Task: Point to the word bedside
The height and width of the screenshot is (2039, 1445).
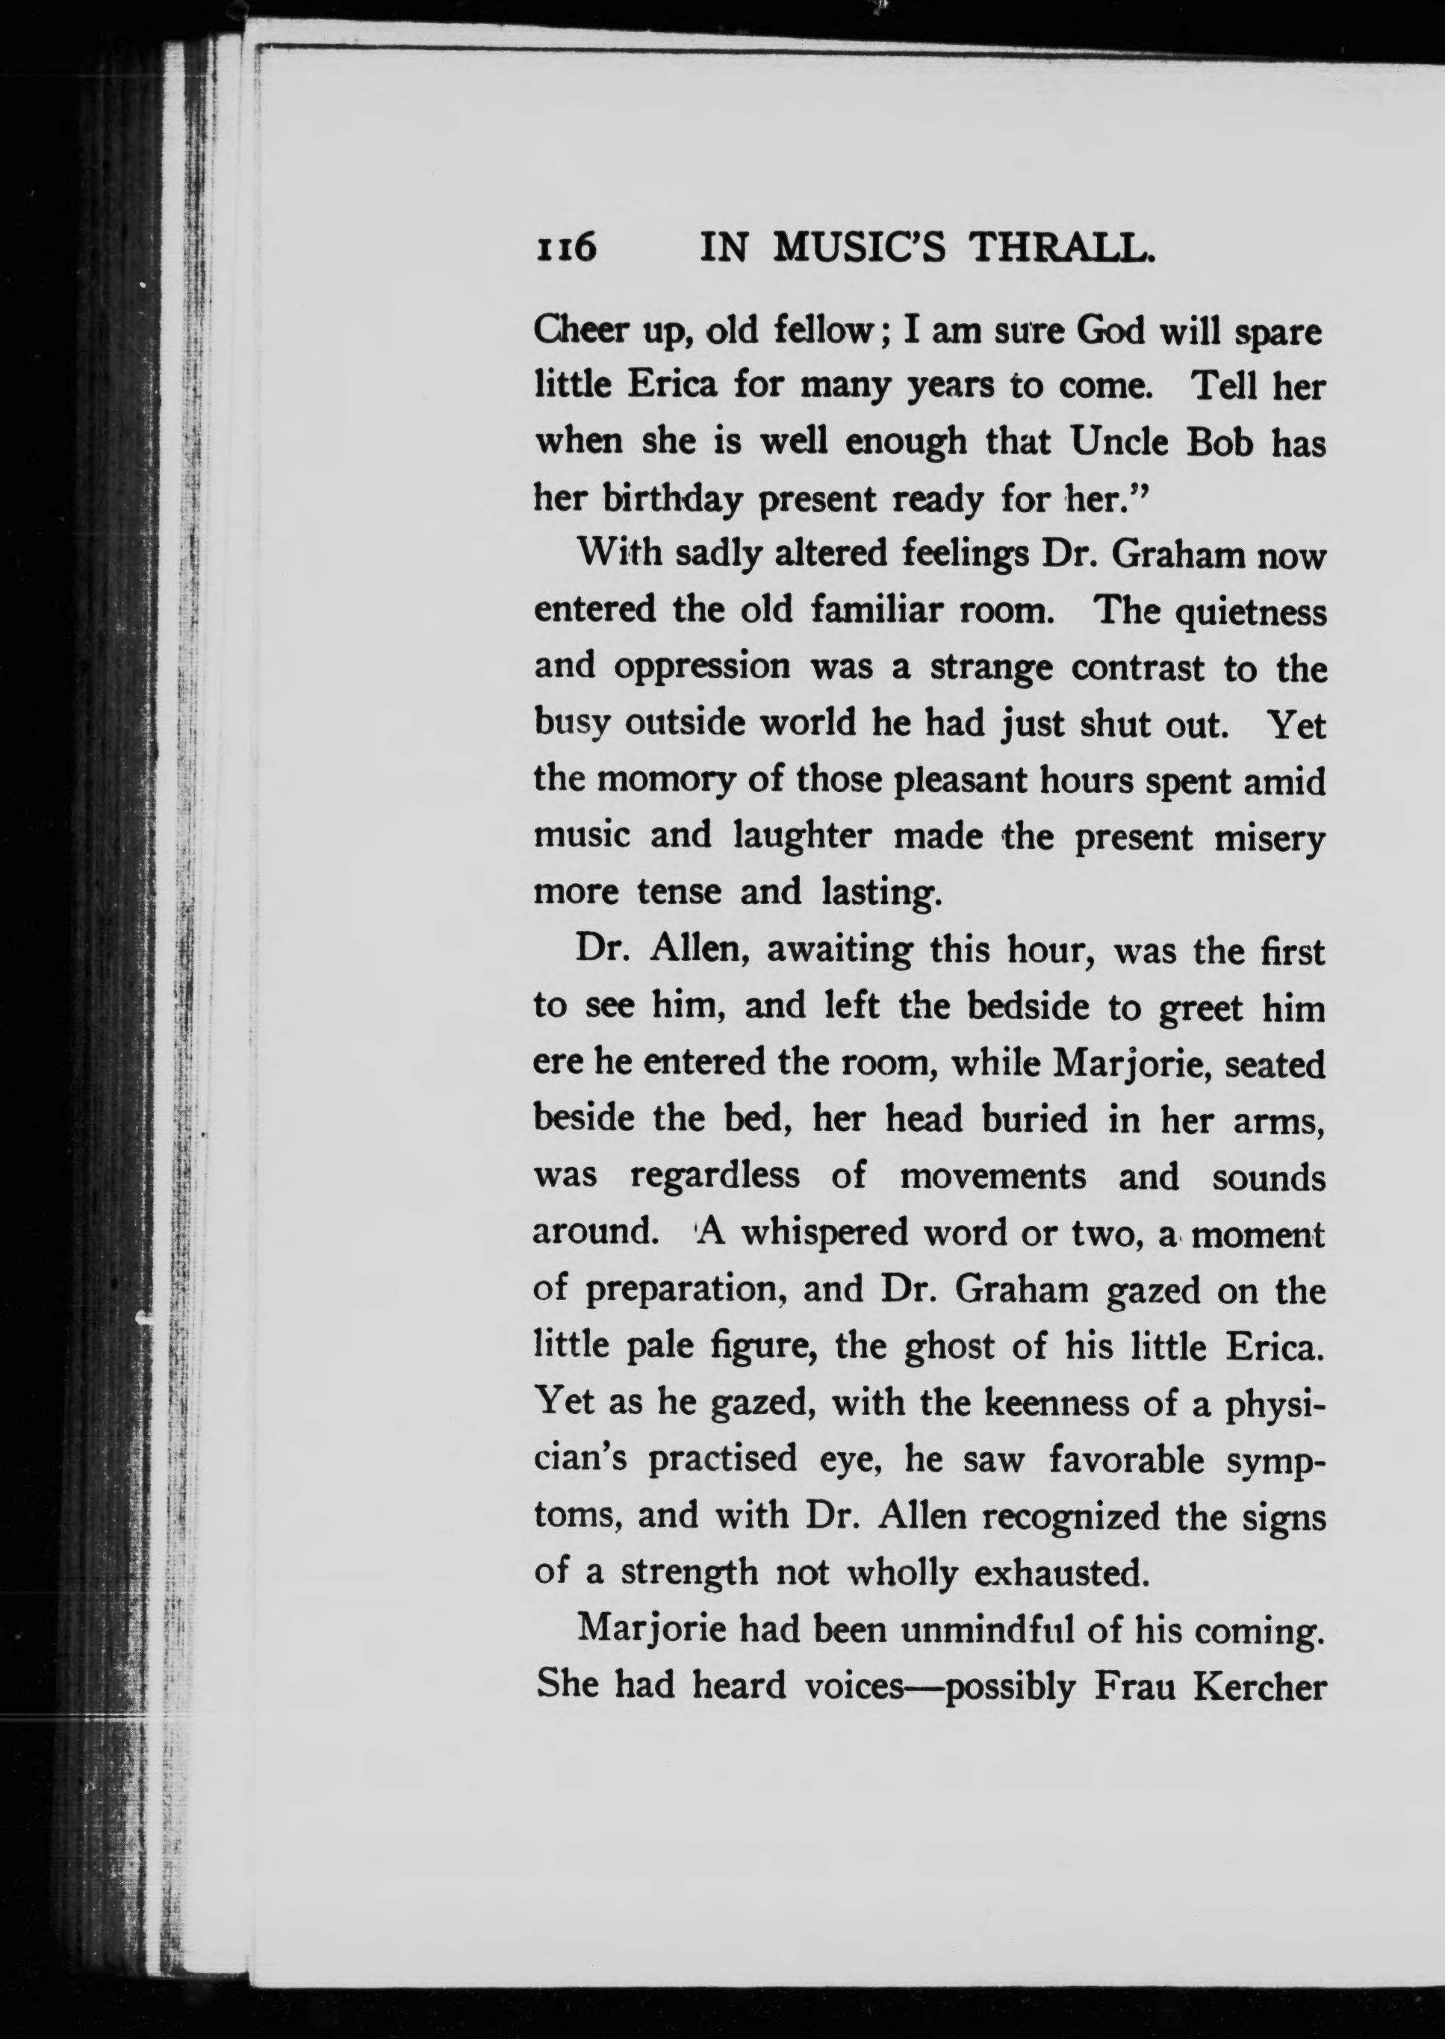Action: (x=1028, y=1007)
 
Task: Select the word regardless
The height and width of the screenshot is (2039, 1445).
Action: (x=715, y=1177)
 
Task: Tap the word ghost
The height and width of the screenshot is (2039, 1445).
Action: (x=949, y=1347)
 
